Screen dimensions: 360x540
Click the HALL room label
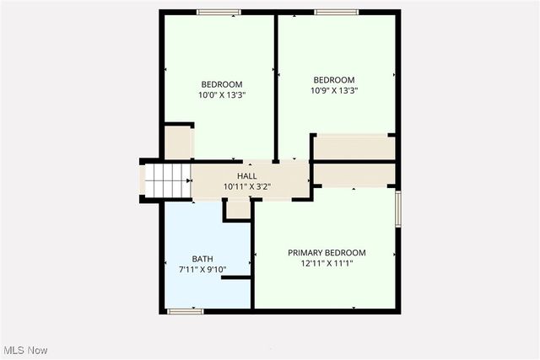[x=246, y=175]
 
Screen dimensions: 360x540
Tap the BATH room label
[x=202, y=259]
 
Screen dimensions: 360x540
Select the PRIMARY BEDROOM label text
[x=327, y=253]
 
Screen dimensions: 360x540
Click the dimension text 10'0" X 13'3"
[x=222, y=95]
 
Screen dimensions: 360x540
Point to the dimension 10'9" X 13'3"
[x=335, y=91]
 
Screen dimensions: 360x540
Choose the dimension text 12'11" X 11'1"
[x=327, y=263]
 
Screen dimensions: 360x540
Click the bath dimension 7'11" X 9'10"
[x=202, y=270]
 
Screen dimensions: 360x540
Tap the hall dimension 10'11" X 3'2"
[x=246, y=185]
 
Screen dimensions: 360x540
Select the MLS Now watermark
[x=25, y=350]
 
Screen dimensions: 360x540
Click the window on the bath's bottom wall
[x=185, y=311]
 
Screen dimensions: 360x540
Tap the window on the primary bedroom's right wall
[x=397, y=207]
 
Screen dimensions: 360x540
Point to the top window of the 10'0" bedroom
[x=219, y=12]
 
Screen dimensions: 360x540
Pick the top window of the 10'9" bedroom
[x=336, y=12]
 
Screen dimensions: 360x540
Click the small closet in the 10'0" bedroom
[x=178, y=142]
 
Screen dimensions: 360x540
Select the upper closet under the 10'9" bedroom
[x=353, y=147]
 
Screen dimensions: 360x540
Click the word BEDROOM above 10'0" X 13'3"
[x=222, y=84]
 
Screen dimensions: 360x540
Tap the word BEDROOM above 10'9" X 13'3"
[x=335, y=80]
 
